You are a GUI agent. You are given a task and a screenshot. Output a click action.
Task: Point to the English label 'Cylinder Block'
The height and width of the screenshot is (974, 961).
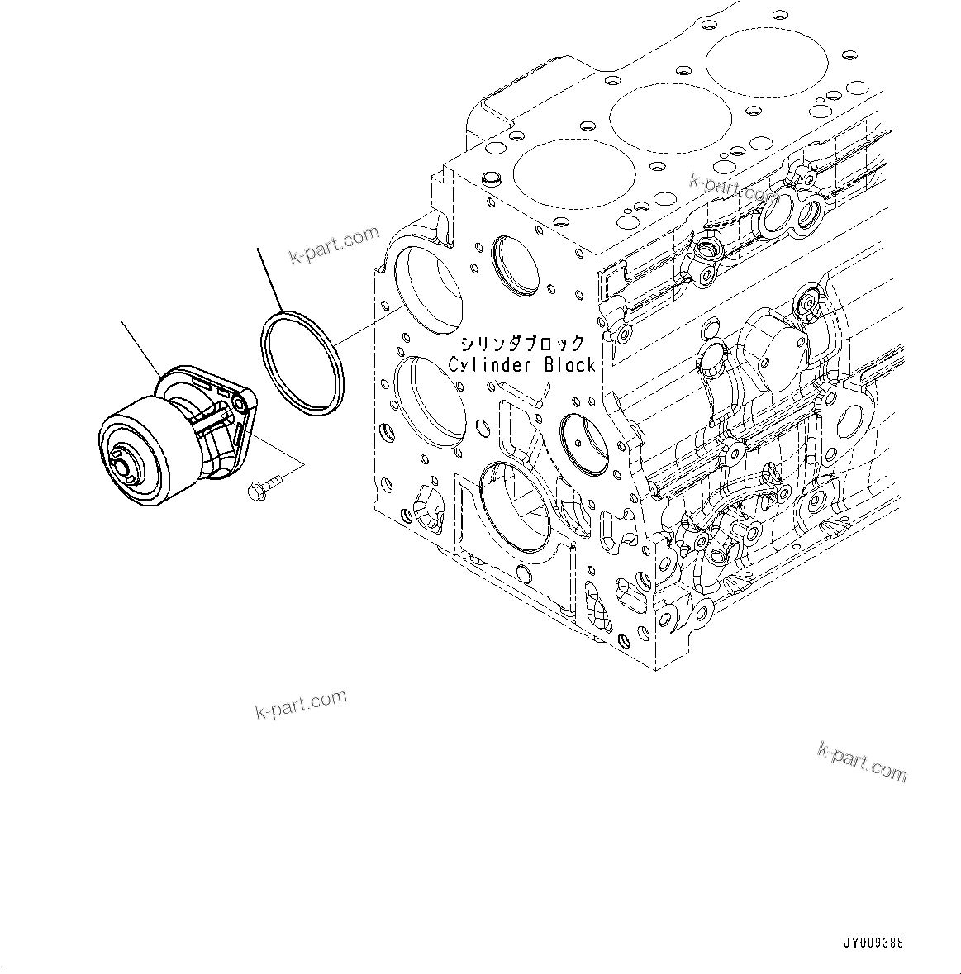(521, 365)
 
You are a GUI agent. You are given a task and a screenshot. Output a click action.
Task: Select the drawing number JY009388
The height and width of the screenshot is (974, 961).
(873, 942)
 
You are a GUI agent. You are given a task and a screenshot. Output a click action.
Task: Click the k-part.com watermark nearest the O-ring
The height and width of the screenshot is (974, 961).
(334, 245)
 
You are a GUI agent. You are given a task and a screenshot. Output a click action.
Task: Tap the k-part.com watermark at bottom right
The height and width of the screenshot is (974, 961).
(861, 761)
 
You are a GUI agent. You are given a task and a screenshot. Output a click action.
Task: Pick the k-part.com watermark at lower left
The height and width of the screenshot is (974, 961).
(301, 705)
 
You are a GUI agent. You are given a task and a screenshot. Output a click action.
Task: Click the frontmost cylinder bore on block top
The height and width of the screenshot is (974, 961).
(574, 172)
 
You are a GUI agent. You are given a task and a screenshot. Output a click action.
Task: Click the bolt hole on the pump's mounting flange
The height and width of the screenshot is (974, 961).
(239, 402)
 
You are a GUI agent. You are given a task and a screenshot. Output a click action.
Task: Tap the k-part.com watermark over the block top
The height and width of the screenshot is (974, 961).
(732, 188)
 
